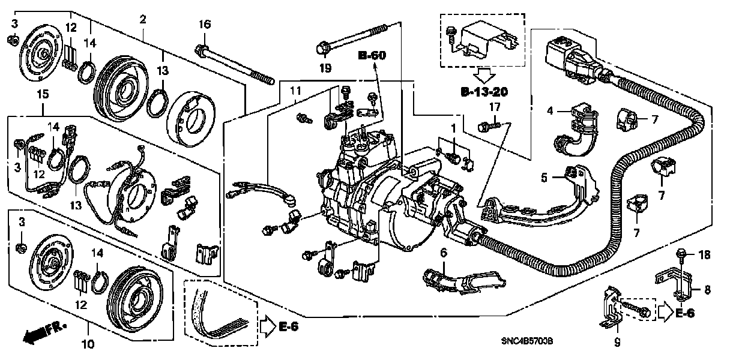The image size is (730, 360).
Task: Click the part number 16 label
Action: [x=205, y=25]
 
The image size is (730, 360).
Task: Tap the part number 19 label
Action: [x=325, y=68]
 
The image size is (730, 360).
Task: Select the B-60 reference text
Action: [x=372, y=56]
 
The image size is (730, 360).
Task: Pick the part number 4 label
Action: [x=549, y=111]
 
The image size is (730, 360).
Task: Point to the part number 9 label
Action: [x=616, y=343]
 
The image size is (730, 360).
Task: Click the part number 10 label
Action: [x=88, y=344]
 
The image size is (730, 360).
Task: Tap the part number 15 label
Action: [x=42, y=95]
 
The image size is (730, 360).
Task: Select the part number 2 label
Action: [x=142, y=20]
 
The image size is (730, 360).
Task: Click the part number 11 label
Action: [x=295, y=91]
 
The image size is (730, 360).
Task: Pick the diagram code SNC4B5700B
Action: [x=526, y=341]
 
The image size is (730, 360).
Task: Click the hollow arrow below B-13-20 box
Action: [x=483, y=76]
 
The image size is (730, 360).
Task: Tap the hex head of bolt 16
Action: [x=203, y=47]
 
